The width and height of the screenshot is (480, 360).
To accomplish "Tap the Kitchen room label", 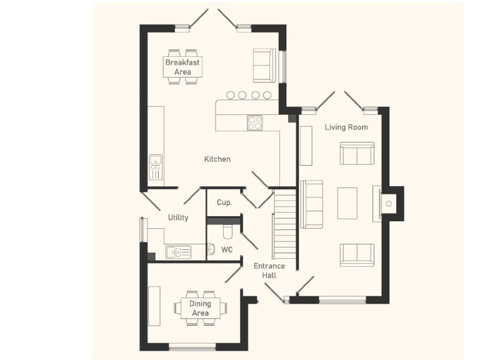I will point(217,159).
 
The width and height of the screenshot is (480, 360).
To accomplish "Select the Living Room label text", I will point(346,127).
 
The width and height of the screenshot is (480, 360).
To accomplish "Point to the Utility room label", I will point(178,217).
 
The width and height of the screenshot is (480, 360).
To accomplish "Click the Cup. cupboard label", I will point(224,202).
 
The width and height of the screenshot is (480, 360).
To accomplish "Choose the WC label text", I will point(227,250).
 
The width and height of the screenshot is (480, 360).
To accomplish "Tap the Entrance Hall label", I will point(269,271).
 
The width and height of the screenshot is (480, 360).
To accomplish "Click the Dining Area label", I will point(200,308).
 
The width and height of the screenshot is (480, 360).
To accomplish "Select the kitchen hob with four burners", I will point(255,123).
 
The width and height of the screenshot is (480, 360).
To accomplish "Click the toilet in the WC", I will point(228,232).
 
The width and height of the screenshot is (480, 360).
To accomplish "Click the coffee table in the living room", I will point(347,203).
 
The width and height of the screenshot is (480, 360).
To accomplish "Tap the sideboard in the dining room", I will point(154,306).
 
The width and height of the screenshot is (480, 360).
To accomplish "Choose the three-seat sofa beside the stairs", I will point(311,204).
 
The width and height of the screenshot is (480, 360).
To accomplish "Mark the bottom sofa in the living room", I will point(357,254).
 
